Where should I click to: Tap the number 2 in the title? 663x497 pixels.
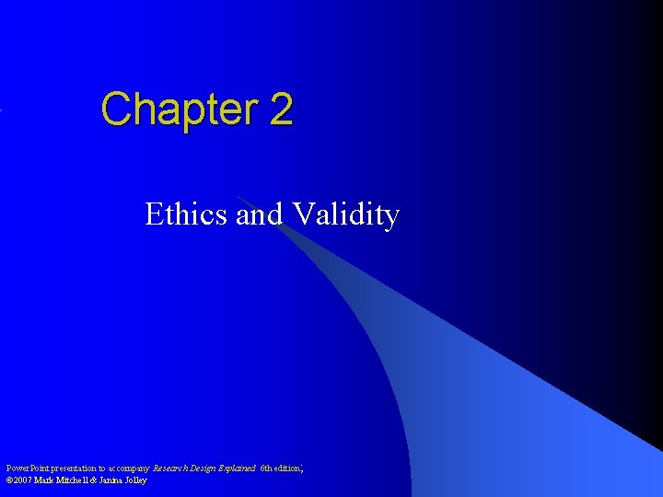[x=281, y=109]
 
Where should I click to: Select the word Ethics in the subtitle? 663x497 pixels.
[x=187, y=214]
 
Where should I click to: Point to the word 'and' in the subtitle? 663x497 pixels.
[x=260, y=214]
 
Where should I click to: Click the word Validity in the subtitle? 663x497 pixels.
[x=345, y=214]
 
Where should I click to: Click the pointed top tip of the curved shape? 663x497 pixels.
[x=238, y=196]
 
